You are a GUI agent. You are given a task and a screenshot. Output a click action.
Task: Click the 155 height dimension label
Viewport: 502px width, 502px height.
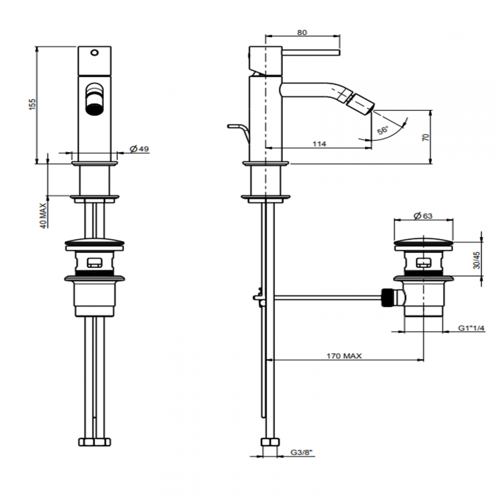32,104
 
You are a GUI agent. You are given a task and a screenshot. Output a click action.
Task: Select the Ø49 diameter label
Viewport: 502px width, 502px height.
139,149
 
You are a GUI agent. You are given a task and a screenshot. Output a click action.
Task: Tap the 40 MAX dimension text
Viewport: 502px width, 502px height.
44,216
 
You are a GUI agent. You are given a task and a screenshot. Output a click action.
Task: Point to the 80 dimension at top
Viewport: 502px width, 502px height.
302,33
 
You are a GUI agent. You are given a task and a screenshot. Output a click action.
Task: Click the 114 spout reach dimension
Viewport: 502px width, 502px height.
319,144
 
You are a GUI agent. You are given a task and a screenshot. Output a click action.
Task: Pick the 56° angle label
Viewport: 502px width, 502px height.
383,129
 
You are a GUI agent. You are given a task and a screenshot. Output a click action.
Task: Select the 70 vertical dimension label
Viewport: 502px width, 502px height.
426,137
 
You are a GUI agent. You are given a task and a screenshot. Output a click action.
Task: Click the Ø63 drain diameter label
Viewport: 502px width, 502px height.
423,216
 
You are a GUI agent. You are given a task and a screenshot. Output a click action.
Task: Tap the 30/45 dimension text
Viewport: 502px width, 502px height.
477,260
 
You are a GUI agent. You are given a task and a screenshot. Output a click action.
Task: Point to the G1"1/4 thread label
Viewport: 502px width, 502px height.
471,328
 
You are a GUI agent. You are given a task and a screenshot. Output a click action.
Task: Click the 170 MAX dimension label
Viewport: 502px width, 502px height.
344,356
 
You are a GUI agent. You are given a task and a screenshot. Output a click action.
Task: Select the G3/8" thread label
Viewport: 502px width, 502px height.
301,452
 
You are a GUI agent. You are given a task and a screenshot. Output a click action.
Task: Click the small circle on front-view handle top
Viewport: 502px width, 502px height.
94,52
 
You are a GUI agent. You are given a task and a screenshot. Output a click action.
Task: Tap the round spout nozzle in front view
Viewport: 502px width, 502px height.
94,100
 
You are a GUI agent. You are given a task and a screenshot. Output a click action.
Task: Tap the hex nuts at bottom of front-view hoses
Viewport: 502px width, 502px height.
94,441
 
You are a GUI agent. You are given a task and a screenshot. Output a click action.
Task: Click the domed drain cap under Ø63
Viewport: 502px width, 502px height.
423,242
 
